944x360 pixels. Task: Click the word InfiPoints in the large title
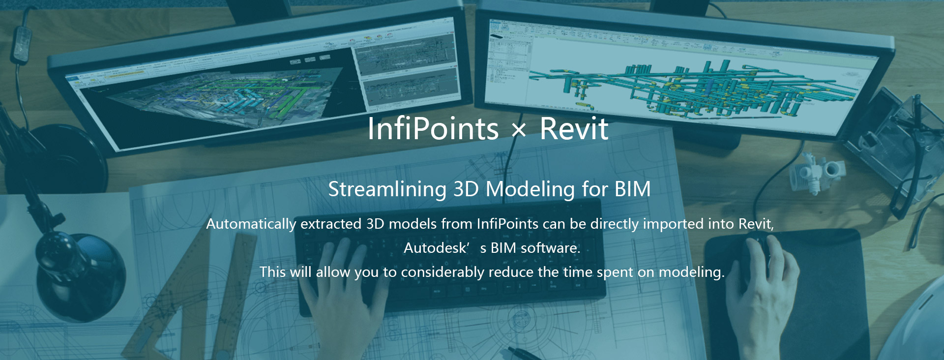pos(433,129)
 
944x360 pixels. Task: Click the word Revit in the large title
pos(574,129)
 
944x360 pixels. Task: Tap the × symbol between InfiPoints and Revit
pos(519,130)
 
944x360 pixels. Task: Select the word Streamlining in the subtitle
pos(387,189)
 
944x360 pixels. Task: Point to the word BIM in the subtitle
pos(633,189)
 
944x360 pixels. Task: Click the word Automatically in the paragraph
pos(251,224)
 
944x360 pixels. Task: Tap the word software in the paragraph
pos(551,248)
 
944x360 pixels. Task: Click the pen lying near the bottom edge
pos(526,354)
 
